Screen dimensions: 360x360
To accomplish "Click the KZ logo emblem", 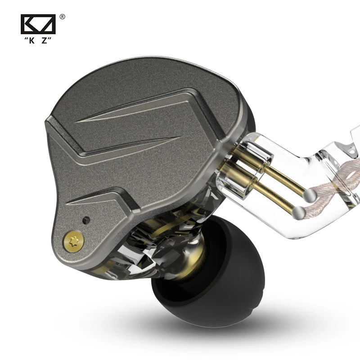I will click(38, 24).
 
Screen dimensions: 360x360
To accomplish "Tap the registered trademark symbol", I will click(62, 17).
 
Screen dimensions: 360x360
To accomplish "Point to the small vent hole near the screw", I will click(86, 220).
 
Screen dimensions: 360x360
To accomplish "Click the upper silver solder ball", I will click(310, 195).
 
